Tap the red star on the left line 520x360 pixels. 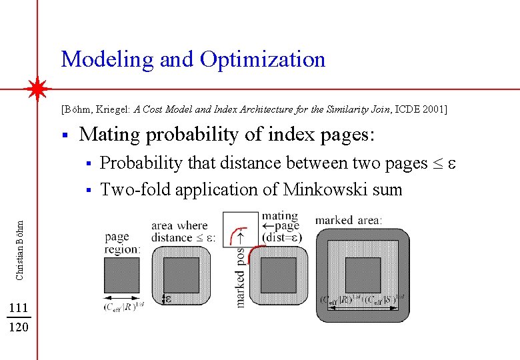click(x=39, y=89)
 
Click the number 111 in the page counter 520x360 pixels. click(x=19, y=307)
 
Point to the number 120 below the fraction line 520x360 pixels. click(x=19, y=327)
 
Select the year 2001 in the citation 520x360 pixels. click(x=432, y=109)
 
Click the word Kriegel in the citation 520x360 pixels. click(x=113, y=109)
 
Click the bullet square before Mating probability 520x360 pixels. click(x=64, y=135)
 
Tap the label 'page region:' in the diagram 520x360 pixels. click(x=122, y=243)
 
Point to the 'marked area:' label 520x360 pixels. click(x=349, y=219)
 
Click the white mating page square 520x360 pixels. click(x=240, y=230)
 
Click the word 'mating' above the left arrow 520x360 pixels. click(x=280, y=215)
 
